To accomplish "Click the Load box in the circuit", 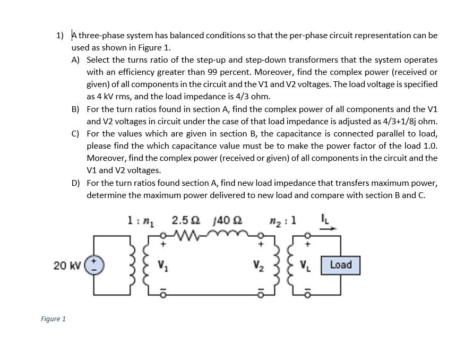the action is tap(341, 264).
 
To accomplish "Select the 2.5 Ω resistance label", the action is tap(186, 219).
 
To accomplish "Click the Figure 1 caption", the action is tap(53, 319).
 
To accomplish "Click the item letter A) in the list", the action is tap(76, 60).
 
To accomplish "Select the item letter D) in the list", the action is tap(76, 183).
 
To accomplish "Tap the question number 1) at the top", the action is tap(60, 36).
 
